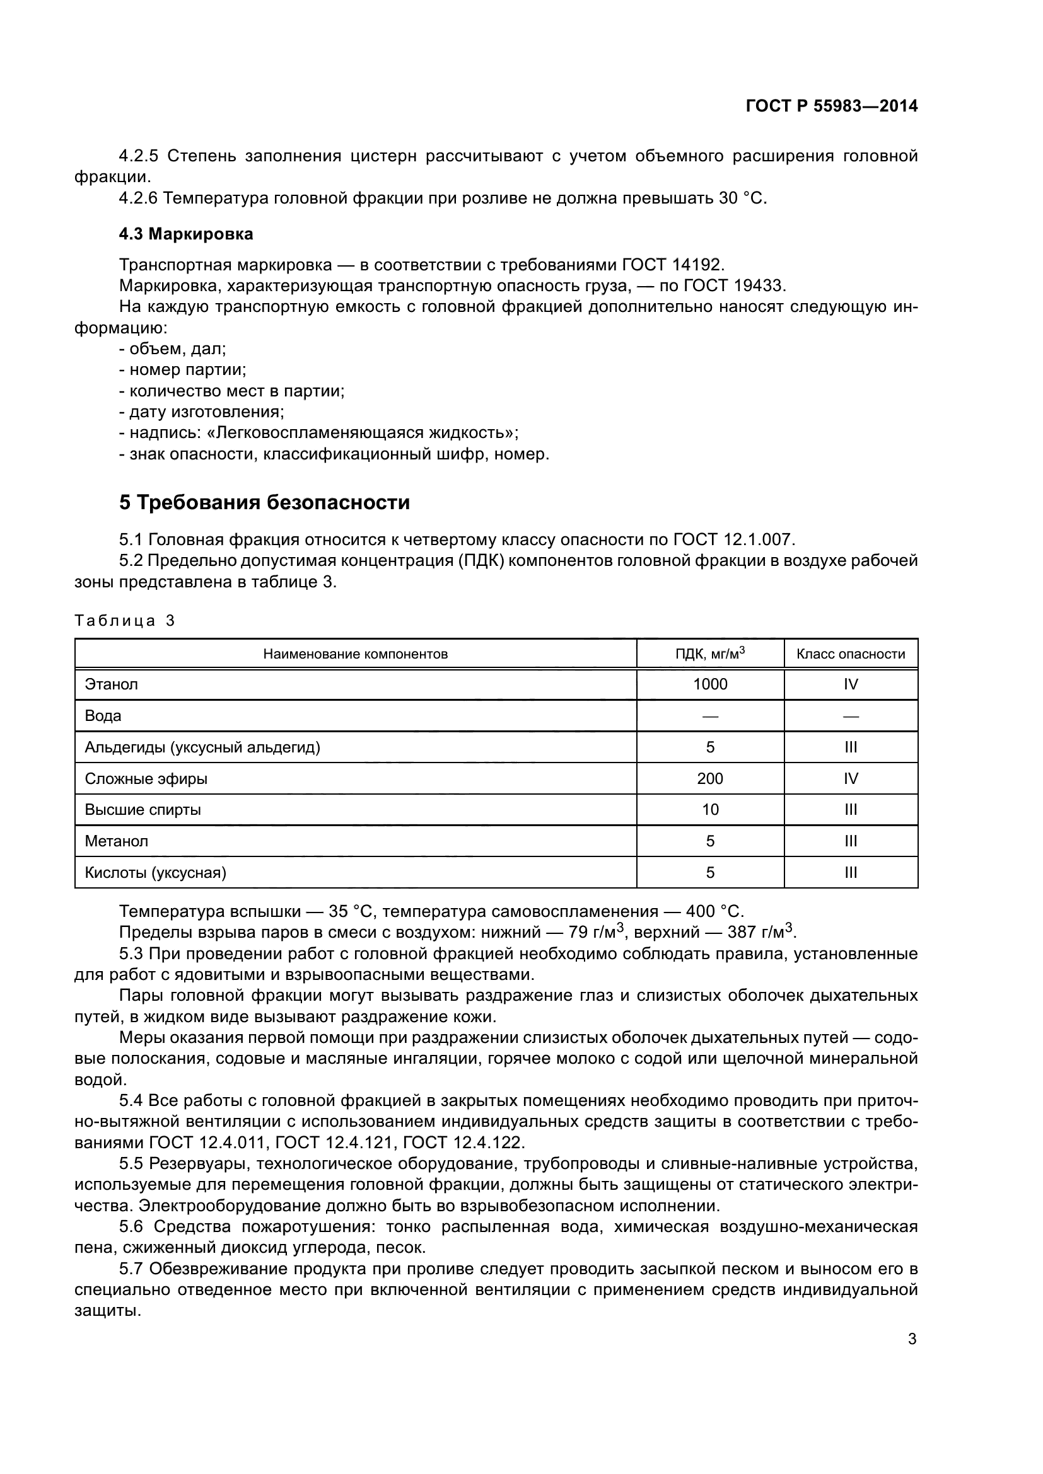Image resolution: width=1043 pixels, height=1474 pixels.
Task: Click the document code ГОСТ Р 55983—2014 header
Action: click(x=831, y=107)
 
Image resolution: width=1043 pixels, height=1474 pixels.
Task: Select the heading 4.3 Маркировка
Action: click(x=185, y=234)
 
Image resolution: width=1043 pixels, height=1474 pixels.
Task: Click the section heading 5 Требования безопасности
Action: click(x=264, y=503)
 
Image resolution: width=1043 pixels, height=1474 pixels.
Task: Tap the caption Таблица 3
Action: click(x=125, y=621)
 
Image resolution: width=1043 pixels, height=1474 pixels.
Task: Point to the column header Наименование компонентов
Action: click(x=355, y=654)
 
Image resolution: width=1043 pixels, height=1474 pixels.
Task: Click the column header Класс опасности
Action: click(x=850, y=654)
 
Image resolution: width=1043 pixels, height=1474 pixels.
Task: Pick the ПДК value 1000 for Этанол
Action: click(x=709, y=684)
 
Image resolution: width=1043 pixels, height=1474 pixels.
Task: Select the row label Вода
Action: click(x=103, y=716)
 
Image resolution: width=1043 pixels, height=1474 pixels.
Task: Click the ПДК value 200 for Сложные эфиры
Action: click(x=709, y=779)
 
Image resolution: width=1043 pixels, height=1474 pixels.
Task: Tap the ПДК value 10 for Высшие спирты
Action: click(x=709, y=810)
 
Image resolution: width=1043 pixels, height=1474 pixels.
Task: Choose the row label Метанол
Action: click(x=116, y=841)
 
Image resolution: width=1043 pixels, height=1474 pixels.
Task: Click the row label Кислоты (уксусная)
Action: click(x=155, y=872)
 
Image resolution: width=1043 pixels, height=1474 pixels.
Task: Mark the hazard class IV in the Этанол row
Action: click(x=850, y=684)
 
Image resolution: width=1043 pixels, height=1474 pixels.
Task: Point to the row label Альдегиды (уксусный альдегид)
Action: click(x=202, y=747)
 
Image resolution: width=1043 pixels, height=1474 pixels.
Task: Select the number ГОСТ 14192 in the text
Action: click(x=672, y=265)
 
